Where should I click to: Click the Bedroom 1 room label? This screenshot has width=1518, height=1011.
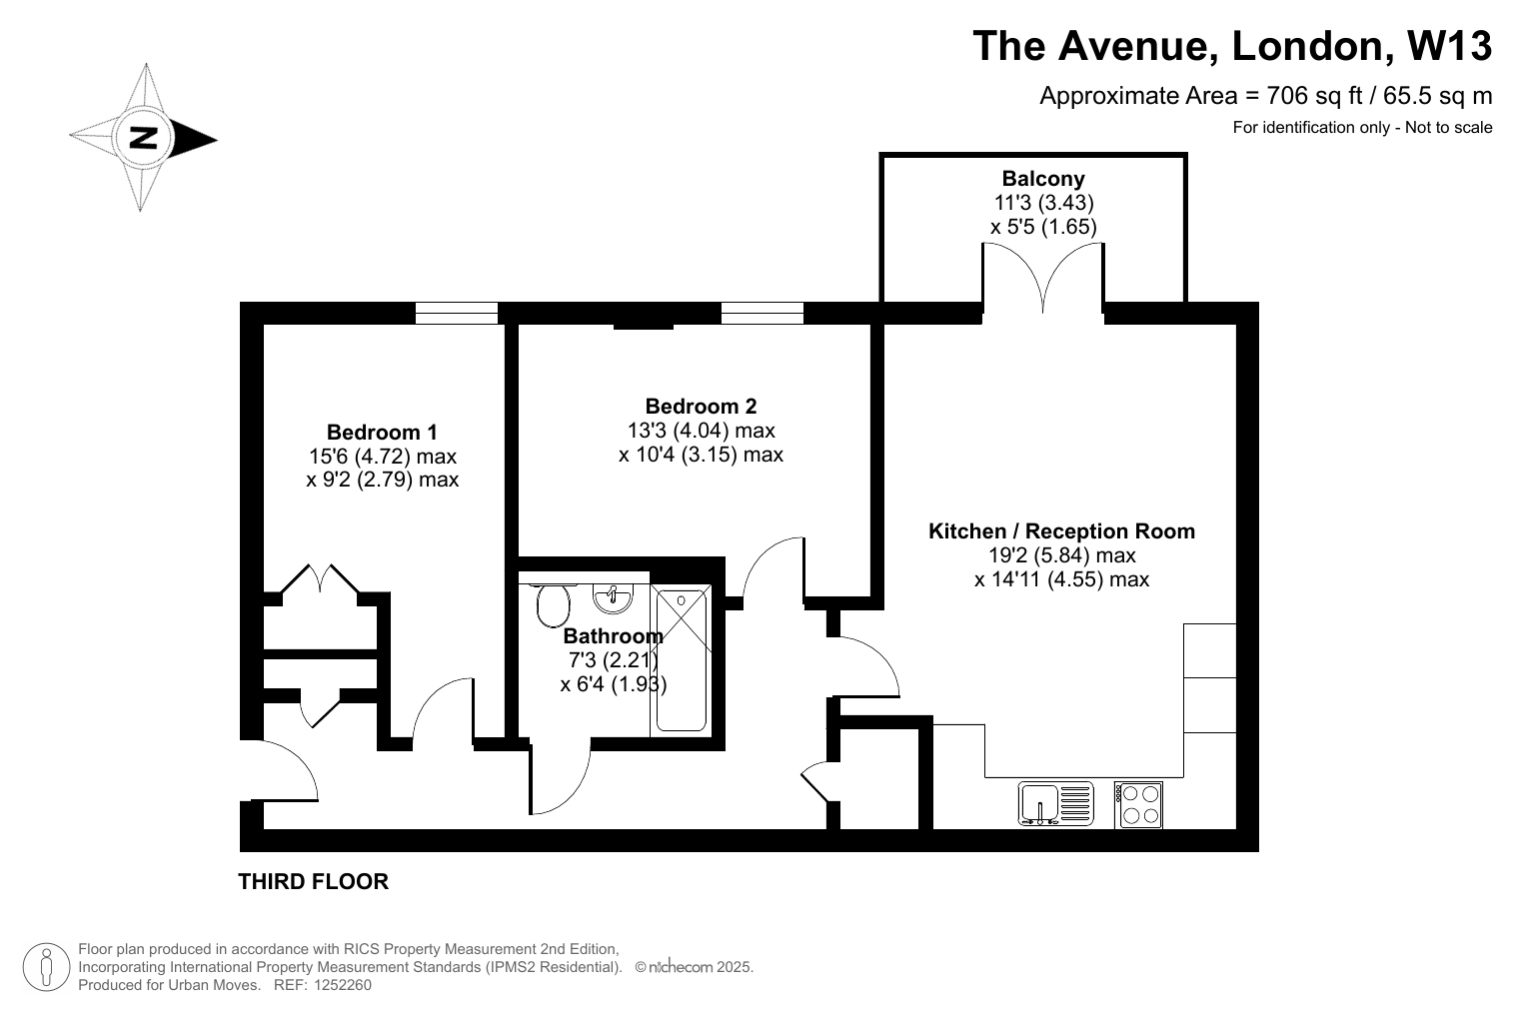(382, 432)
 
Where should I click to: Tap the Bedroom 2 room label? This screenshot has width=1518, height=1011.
(701, 406)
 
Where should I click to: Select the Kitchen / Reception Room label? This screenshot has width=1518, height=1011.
(1061, 531)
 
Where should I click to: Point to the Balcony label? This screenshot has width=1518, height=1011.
(1043, 179)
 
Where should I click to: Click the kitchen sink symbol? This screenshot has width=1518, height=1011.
(1055, 803)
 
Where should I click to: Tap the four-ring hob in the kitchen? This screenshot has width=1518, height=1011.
(1138, 805)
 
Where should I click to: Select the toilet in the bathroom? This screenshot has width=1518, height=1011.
(553, 605)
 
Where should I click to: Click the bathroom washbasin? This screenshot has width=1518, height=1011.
(613, 597)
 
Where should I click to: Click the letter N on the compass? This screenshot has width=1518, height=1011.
(143, 138)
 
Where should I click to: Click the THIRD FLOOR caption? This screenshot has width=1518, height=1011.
(313, 881)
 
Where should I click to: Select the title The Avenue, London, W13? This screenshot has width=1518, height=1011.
(1232, 45)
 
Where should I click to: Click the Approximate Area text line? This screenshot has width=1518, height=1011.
(1266, 96)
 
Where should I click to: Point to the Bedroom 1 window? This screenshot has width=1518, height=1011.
(456, 313)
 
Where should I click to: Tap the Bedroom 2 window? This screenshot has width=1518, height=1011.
(762, 313)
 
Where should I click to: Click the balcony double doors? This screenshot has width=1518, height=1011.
(1043, 278)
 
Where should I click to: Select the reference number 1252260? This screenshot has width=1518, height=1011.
(342, 985)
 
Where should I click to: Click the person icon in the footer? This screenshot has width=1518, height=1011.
(46, 967)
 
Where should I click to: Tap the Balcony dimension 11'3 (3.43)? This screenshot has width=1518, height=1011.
(1043, 203)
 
